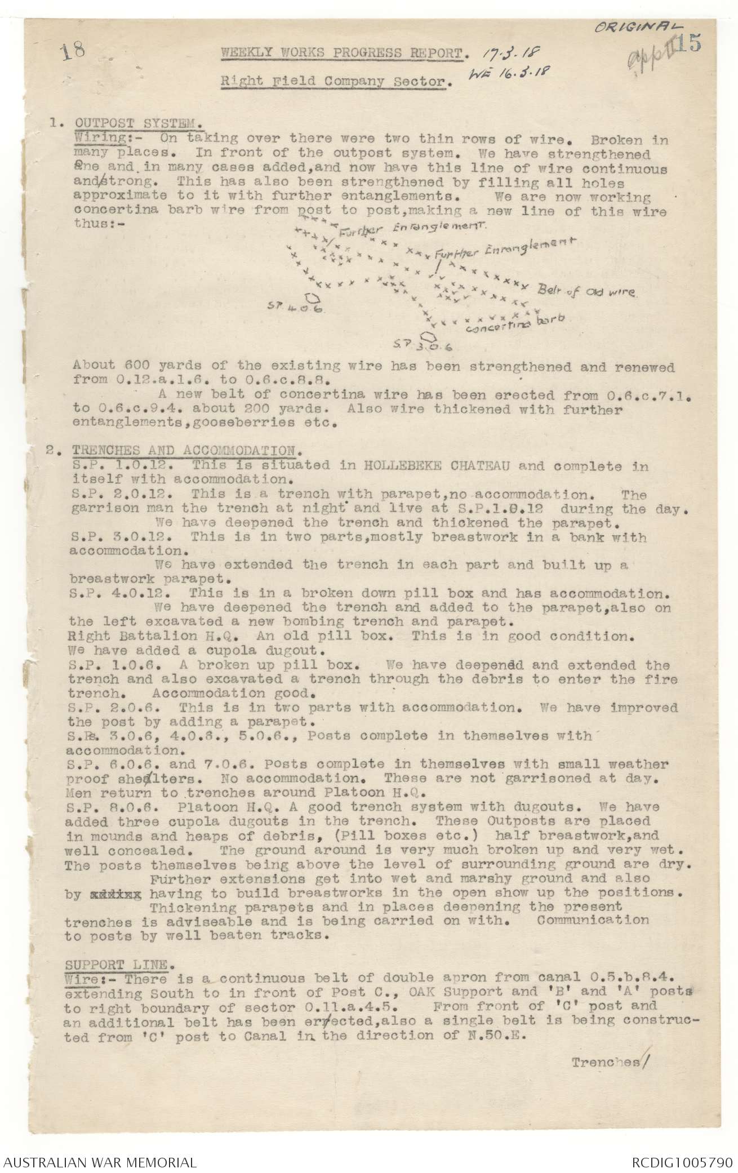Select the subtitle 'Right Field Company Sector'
coord(336,81)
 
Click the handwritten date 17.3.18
coord(508,53)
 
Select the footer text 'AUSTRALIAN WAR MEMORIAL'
coord(99,1158)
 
